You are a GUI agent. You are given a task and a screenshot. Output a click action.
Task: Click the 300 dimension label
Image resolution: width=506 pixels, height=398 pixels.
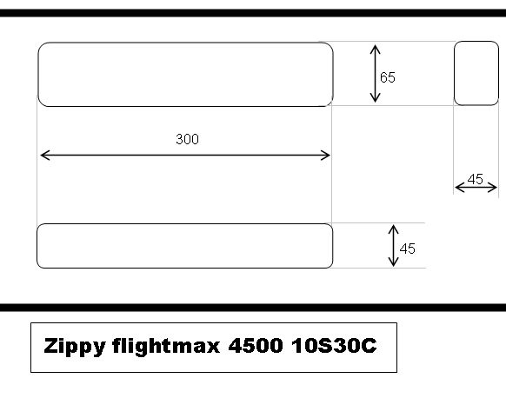187,139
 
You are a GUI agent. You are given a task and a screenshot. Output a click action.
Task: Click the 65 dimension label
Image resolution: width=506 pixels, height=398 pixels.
388,77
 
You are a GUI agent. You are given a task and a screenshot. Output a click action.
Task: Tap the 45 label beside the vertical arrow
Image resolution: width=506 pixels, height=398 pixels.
407,249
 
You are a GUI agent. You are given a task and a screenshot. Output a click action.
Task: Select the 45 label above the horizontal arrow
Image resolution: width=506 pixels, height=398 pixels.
476,179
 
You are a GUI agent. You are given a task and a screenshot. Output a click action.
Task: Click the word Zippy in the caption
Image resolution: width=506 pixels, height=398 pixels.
75,347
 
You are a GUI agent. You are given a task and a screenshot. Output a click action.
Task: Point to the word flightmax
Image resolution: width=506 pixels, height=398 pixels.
166,347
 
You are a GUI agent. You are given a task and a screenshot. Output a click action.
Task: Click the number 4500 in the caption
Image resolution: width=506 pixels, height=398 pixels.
256,346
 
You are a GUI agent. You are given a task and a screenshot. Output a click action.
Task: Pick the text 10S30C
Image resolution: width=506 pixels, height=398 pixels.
334,346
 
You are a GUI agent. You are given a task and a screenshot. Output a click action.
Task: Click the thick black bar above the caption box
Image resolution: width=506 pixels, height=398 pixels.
253,308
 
